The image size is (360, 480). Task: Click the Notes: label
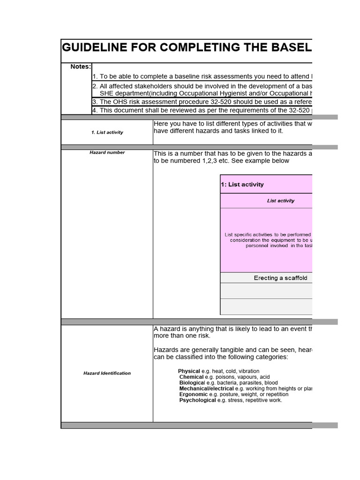[81, 67]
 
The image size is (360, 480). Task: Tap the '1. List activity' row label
[107, 132]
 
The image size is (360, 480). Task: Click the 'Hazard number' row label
[107, 152]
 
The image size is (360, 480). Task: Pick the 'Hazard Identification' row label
[107, 373]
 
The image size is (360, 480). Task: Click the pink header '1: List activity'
[242, 184]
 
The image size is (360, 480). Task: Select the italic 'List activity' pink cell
[281, 201]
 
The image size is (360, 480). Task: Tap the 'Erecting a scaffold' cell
[280, 278]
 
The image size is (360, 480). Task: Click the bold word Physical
[189, 371]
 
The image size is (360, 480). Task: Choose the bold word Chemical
[192, 377]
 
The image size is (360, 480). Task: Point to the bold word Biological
[192, 382]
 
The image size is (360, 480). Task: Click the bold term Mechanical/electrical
[206, 389]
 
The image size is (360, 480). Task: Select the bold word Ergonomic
[193, 394]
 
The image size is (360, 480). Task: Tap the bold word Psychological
[198, 400]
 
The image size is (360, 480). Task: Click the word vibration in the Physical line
[248, 371]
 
